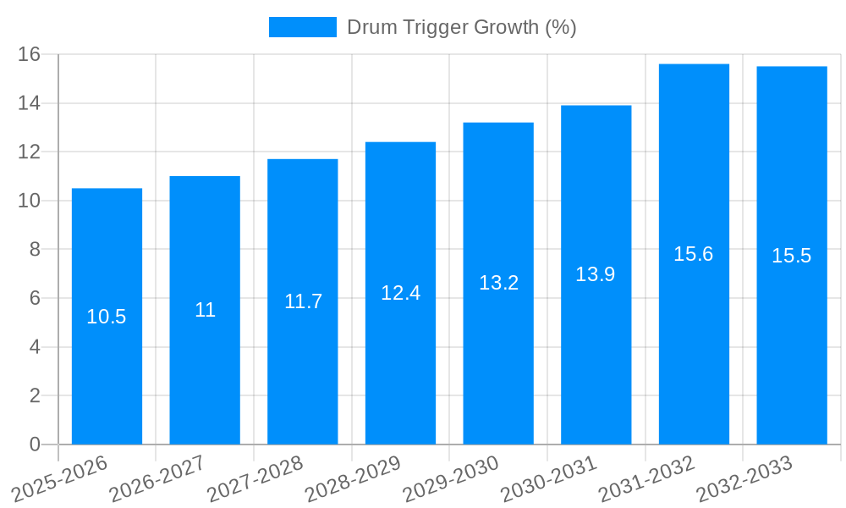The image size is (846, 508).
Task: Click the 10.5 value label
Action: [x=107, y=317]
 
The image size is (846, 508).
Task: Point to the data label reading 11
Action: [x=205, y=310]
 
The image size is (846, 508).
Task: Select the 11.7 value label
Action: [x=303, y=301]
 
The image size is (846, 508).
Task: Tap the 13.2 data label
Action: [x=498, y=283]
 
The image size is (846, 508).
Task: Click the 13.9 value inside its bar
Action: [x=596, y=274]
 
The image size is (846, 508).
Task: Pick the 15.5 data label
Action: [x=792, y=256]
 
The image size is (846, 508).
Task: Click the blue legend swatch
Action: [x=302, y=27]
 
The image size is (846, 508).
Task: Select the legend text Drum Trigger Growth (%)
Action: [x=462, y=27]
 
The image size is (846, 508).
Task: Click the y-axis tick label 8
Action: [x=35, y=250]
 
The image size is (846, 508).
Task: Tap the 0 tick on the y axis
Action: [x=35, y=444]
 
